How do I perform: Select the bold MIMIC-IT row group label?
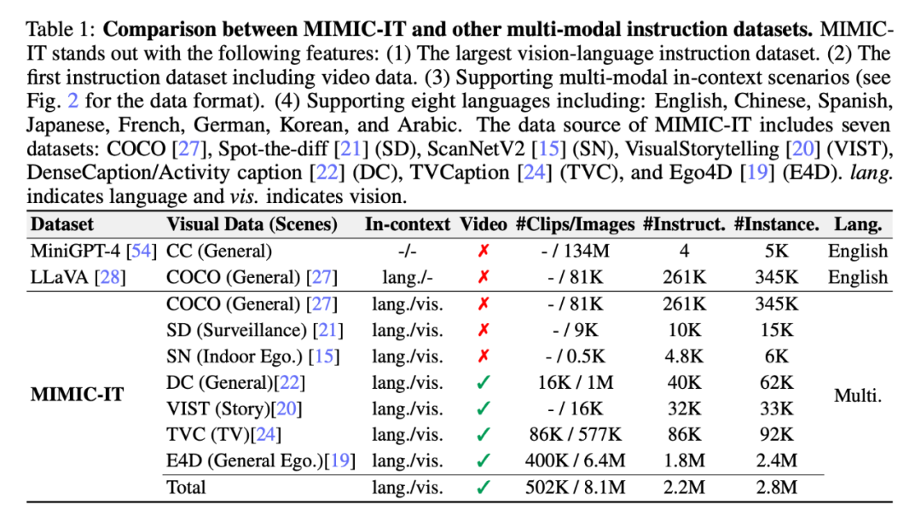click(78, 395)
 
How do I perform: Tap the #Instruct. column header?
click(685, 225)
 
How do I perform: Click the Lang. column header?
click(857, 225)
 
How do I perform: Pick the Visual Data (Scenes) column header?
click(252, 225)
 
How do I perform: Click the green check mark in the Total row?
click(484, 487)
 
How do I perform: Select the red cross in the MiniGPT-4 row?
click(484, 251)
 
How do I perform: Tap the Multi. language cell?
click(857, 395)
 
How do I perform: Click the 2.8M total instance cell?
click(776, 487)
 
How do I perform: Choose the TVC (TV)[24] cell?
click(223, 434)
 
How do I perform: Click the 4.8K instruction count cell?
click(685, 356)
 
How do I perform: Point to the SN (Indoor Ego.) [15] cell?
click(252, 356)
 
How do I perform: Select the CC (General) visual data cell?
click(219, 251)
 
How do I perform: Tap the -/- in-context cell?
click(407, 251)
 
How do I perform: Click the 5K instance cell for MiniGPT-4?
click(776, 251)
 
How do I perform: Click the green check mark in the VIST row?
click(484, 408)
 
